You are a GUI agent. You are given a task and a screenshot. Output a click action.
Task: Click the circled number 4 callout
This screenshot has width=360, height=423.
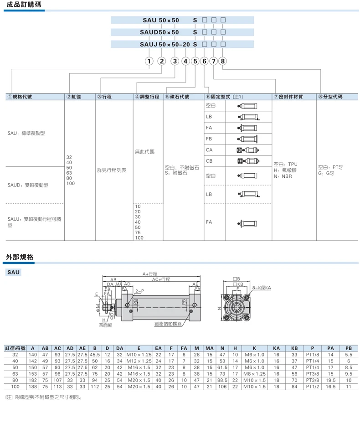click(x=185, y=61)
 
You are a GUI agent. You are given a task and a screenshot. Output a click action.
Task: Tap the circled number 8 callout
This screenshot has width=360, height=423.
click(x=223, y=61)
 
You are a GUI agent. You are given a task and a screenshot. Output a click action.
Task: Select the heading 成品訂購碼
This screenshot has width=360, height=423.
click(x=24, y=4)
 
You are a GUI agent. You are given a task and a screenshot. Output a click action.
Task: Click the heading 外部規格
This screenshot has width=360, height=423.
click(x=20, y=257)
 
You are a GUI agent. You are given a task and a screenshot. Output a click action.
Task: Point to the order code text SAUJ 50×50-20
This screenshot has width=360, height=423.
click(x=165, y=44)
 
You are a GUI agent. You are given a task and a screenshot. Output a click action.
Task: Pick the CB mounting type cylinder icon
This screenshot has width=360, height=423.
click(x=248, y=161)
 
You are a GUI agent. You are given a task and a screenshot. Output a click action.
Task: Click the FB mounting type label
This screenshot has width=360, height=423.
click(x=209, y=139)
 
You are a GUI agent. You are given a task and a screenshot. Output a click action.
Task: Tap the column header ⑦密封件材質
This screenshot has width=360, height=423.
click(x=288, y=97)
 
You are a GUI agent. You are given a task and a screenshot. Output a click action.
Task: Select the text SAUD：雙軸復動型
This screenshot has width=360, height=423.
click(x=28, y=185)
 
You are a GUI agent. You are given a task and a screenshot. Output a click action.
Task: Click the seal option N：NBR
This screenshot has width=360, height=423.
click(x=283, y=176)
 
